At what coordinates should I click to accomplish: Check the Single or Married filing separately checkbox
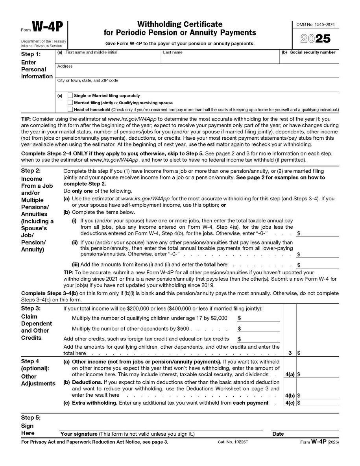point(70,96)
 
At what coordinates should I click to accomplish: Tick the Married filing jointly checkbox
point(70,102)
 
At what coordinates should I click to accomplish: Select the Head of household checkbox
point(70,109)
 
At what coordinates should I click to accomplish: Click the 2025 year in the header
point(315,39)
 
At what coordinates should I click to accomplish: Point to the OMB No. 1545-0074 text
point(315,25)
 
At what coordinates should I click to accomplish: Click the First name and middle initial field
point(108,58)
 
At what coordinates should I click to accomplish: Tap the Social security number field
point(309,59)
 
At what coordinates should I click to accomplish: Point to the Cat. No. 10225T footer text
point(235,442)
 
